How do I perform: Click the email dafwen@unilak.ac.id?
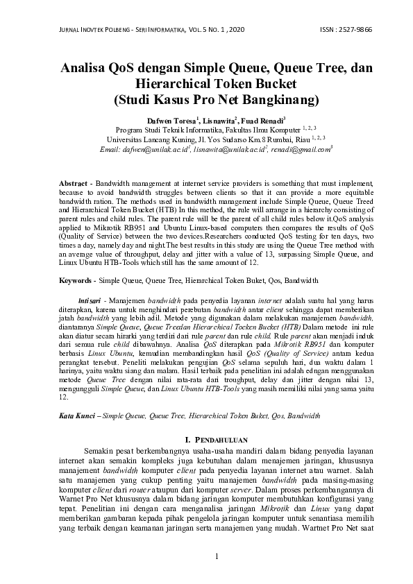coord(144,148)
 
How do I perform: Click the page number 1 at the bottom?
coord(217,556)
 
